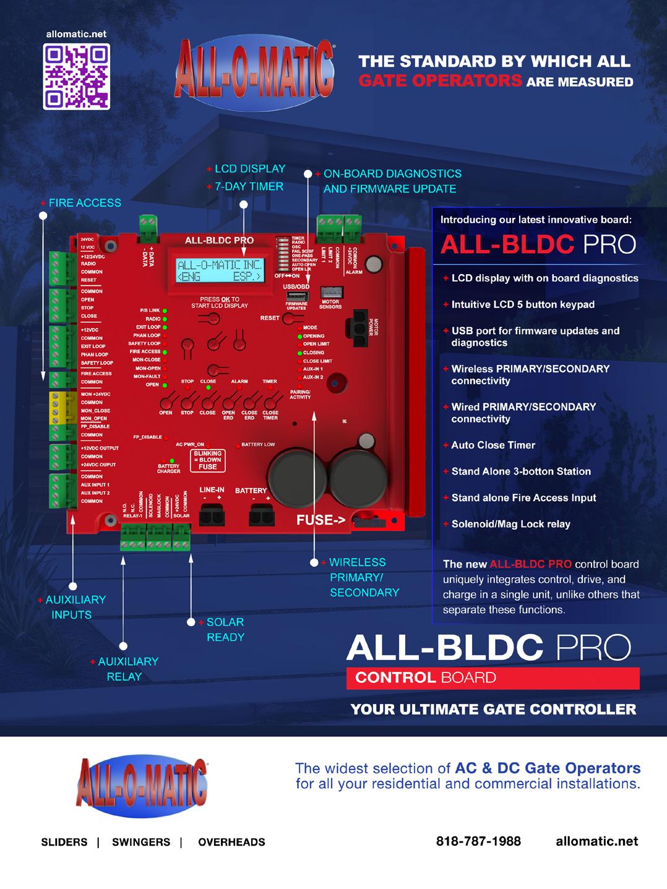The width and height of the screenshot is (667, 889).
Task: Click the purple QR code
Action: [76, 76]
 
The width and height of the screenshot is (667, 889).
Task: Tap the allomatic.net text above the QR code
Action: [76, 34]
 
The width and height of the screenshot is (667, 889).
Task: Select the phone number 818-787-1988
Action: [478, 841]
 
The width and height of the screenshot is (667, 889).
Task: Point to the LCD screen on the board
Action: [220, 271]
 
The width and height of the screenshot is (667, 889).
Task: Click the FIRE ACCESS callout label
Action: [84, 203]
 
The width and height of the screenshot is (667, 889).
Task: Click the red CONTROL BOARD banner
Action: [493, 677]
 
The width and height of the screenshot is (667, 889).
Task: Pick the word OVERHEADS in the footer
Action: [231, 842]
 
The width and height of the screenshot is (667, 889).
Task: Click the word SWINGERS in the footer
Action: [141, 842]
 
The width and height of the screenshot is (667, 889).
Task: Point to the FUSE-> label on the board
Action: [321, 520]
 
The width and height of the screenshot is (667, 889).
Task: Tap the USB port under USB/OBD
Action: [296, 296]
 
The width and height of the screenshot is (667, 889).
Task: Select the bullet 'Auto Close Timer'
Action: [493, 445]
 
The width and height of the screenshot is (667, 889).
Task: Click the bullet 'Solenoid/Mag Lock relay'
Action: [510, 524]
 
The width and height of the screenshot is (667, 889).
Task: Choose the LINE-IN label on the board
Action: [212, 490]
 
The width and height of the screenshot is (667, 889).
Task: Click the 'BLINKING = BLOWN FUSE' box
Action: [207, 460]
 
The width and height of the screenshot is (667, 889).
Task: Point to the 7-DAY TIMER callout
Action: [249, 186]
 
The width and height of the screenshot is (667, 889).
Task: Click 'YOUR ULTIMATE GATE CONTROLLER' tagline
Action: [493, 709]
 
